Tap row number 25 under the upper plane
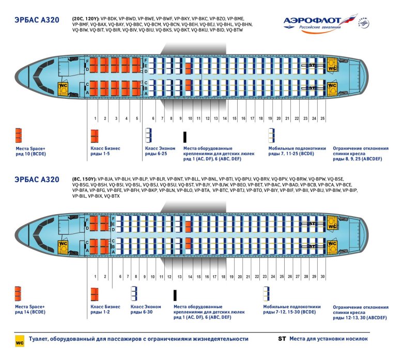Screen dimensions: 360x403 coord(322,119)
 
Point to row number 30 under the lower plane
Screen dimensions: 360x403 coord(322,277)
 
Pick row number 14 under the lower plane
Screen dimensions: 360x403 coord(190,277)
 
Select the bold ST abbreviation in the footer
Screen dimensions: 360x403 coord(282,339)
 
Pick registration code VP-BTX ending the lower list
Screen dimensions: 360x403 coord(112,197)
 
